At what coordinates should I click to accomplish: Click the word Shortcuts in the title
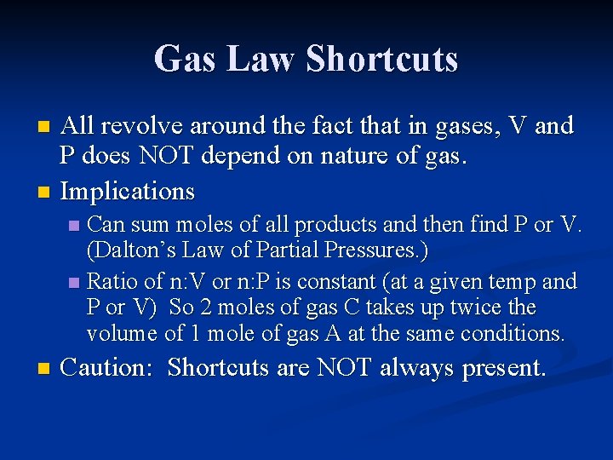(x=382, y=59)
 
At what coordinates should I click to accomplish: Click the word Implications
(x=128, y=191)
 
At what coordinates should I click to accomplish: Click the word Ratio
(x=113, y=281)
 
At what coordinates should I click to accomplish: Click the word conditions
(x=508, y=334)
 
